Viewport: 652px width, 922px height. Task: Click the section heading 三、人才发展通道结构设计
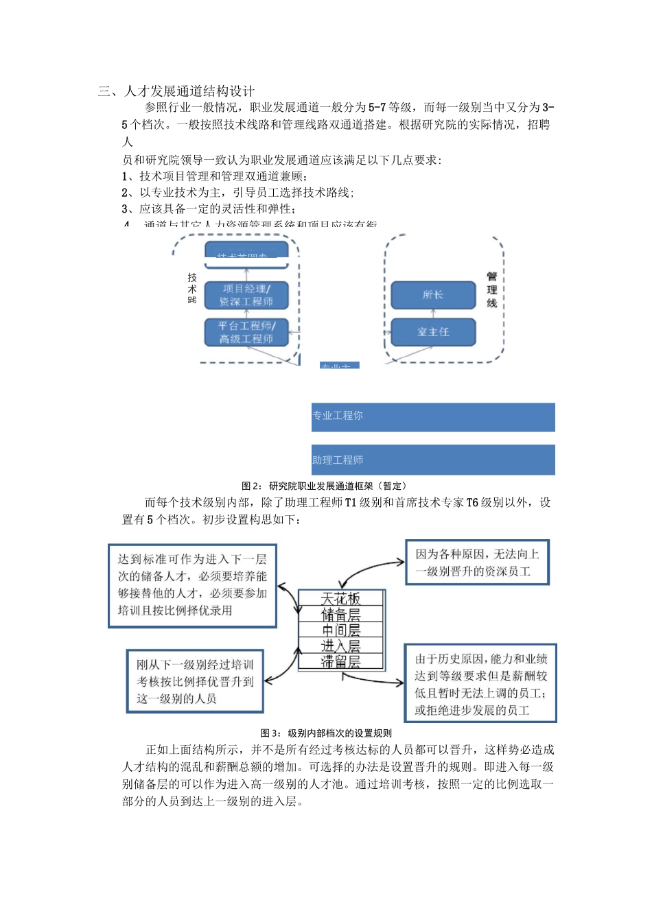(x=176, y=91)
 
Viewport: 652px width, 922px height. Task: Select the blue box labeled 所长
(x=433, y=295)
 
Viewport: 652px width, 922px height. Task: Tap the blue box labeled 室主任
(x=433, y=332)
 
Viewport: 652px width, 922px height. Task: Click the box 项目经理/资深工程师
(x=246, y=295)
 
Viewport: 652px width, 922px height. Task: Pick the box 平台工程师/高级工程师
(x=246, y=332)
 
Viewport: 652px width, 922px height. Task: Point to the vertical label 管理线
(x=492, y=289)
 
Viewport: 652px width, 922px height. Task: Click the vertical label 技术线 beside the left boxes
(x=192, y=289)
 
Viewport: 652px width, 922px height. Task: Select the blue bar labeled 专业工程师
(x=432, y=416)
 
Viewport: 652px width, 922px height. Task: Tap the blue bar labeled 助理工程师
(x=432, y=460)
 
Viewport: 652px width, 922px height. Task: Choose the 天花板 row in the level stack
(x=341, y=599)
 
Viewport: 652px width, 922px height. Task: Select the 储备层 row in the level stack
(x=341, y=615)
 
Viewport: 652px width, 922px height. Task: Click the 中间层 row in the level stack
(x=341, y=630)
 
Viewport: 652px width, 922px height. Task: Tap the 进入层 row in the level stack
(x=341, y=646)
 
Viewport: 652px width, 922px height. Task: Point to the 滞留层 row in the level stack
(x=341, y=661)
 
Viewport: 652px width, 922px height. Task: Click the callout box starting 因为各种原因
(x=477, y=563)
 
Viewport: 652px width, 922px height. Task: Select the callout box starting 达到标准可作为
(x=192, y=585)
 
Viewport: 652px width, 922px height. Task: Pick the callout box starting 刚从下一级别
(x=195, y=681)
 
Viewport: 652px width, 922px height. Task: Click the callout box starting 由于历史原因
(x=480, y=683)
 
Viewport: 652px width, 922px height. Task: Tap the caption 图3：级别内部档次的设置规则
(x=326, y=733)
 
